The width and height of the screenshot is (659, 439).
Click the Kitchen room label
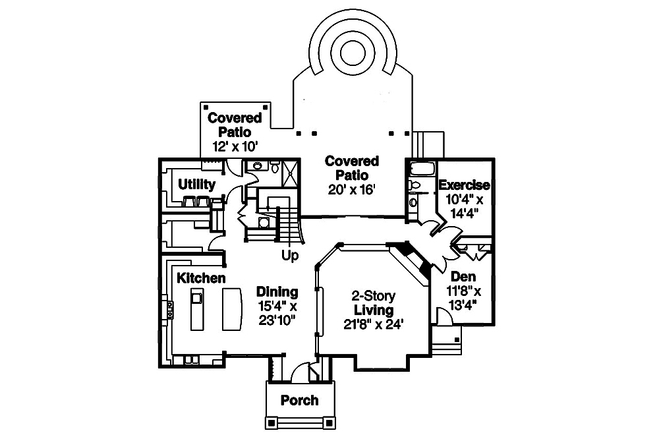[x=201, y=278]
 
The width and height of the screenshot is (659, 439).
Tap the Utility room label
[x=196, y=184]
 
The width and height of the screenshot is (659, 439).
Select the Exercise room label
[x=464, y=185]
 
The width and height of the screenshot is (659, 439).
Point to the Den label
[x=463, y=277]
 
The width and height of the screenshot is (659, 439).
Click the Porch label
[x=299, y=400]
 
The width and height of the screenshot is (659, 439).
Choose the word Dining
[x=277, y=291]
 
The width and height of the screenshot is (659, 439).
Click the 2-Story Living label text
[x=374, y=303]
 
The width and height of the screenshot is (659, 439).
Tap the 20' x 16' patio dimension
[x=352, y=190]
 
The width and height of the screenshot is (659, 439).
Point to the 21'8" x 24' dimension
[x=374, y=324]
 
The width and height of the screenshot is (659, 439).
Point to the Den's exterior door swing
[x=445, y=319]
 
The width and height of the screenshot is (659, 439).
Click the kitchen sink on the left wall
[x=171, y=309]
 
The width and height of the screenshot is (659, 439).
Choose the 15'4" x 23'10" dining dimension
[x=277, y=313]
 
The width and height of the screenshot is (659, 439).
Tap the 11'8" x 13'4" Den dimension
[x=463, y=297]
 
